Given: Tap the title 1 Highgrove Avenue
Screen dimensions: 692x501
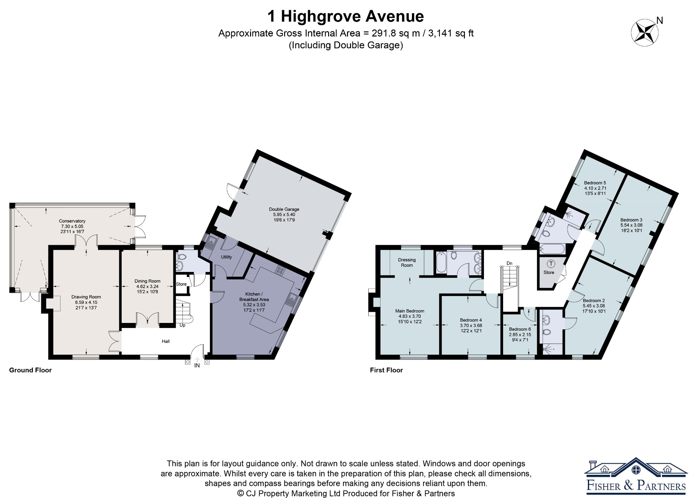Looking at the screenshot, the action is tap(346, 16).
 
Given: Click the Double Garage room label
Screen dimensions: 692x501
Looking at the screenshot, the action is tap(284, 209).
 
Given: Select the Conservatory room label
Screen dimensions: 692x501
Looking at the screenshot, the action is tap(72, 221).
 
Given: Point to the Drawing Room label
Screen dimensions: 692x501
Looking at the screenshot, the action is tap(86, 297).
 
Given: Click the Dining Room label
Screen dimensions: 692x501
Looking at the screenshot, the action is tap(147, 281).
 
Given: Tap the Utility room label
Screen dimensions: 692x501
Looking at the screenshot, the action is tap(226, 257).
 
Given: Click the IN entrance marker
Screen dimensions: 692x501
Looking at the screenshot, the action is tap(197, 366).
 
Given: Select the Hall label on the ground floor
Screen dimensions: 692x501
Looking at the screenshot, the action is tap(166, 341).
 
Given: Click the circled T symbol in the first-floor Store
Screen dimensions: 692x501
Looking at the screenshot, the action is tap(551, 264).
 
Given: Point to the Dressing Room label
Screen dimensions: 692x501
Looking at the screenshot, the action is tap(407, 262).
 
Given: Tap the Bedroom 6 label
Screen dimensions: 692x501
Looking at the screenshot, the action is tap(520, 329).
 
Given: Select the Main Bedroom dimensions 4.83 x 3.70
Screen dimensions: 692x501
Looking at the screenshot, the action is tap(410, 316).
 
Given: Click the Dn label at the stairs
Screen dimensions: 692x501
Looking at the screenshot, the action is tap(509, 263).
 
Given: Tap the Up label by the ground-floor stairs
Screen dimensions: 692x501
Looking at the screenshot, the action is tap(182, 325).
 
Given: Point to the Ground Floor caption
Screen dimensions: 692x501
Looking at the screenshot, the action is tap(30, 370).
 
